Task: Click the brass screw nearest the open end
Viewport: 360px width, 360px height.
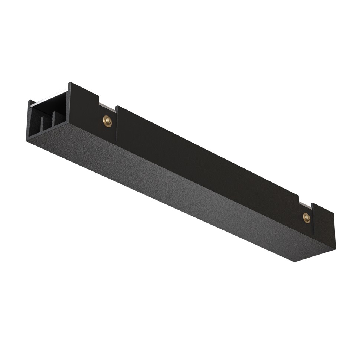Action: tap(107, 121)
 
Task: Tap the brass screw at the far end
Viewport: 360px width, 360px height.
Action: tap(307, 218)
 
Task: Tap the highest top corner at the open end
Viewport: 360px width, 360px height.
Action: tap(70, 83)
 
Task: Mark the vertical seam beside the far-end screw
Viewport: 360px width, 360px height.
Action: tap(312, 219)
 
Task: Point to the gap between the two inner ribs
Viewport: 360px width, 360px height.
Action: tap(48, 122)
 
